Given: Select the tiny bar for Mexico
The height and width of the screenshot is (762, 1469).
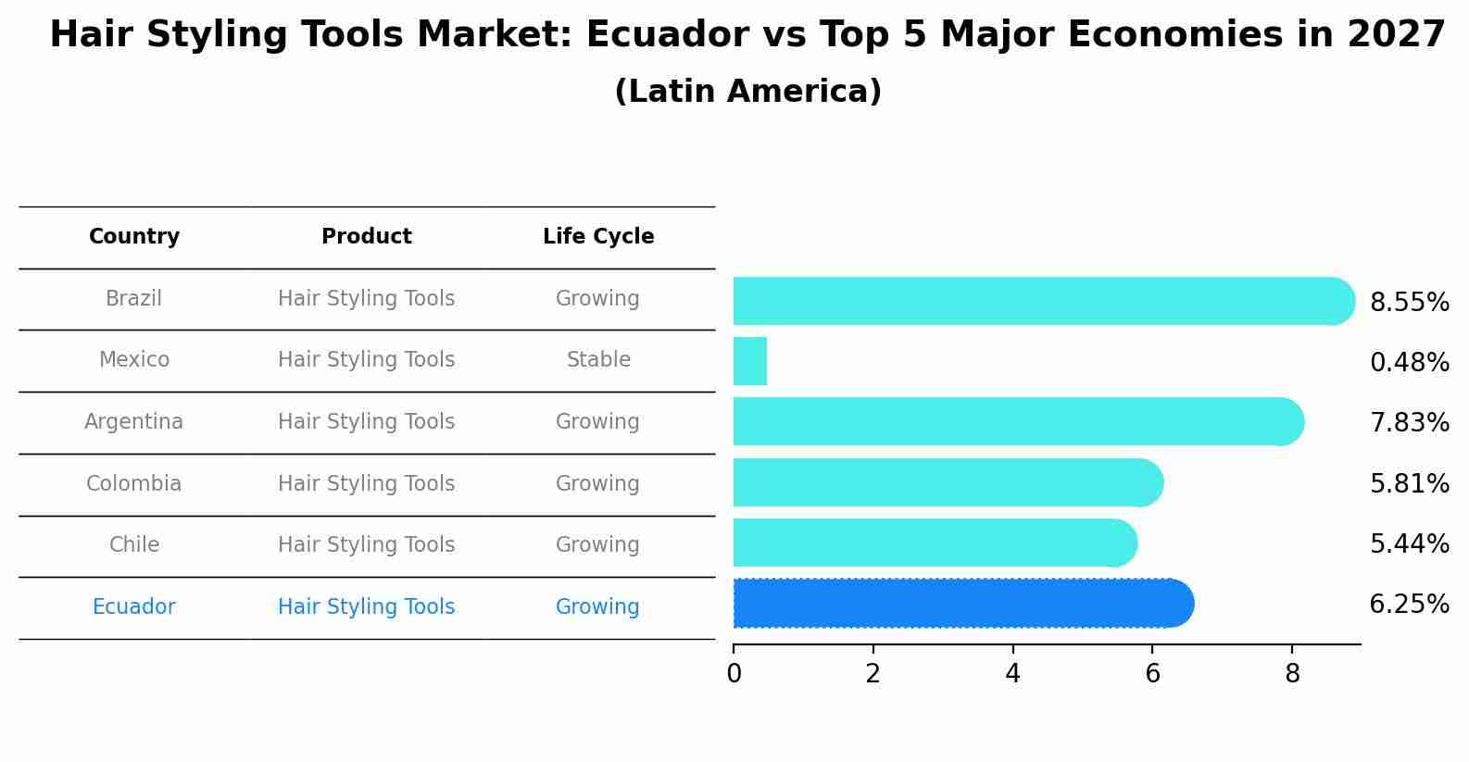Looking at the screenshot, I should (x=750, y=361).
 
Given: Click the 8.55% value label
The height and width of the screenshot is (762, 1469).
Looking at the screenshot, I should (x=1409, y=303).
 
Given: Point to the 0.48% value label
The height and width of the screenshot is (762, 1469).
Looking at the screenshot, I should (x=1409, y=363).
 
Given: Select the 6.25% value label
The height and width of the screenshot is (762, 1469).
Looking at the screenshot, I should (x=1409, y=605).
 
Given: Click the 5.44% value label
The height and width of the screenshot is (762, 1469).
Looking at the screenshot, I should (x=1409, y=544).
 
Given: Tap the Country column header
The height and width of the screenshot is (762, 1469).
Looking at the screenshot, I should (x=134, y=237).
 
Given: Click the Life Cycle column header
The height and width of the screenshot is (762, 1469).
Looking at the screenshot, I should (x=598, y=237).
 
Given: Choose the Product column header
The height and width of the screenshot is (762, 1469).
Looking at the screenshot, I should (x=367, y=237).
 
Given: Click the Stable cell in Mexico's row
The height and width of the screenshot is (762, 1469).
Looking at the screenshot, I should (x=598, y=360).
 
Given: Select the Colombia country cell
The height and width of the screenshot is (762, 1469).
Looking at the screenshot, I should (x=134, y=484).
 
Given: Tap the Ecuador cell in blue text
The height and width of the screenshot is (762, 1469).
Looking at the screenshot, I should (x=134, y=607).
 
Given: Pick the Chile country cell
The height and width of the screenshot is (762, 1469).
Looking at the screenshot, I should (x=134, y=545).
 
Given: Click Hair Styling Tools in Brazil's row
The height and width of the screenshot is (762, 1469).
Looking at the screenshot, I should (x=367, y=299).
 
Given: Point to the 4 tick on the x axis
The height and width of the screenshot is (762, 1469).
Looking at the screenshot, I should (x=1012, y=674).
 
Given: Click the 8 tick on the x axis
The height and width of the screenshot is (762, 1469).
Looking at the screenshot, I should (x=1292, y=674).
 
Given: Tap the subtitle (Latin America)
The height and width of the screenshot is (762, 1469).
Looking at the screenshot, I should (x=747, y=92).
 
